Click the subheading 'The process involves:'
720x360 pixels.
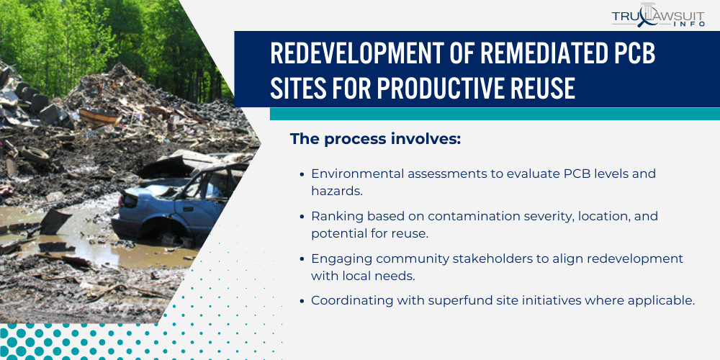coord(374,139)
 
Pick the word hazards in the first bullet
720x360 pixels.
coord(333,192)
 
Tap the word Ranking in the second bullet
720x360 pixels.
coord(334,216)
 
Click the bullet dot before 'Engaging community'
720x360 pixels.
coord(302,258)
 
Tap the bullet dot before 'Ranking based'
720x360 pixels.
coord(302,217)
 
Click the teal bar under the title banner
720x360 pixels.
coord(495,114)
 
